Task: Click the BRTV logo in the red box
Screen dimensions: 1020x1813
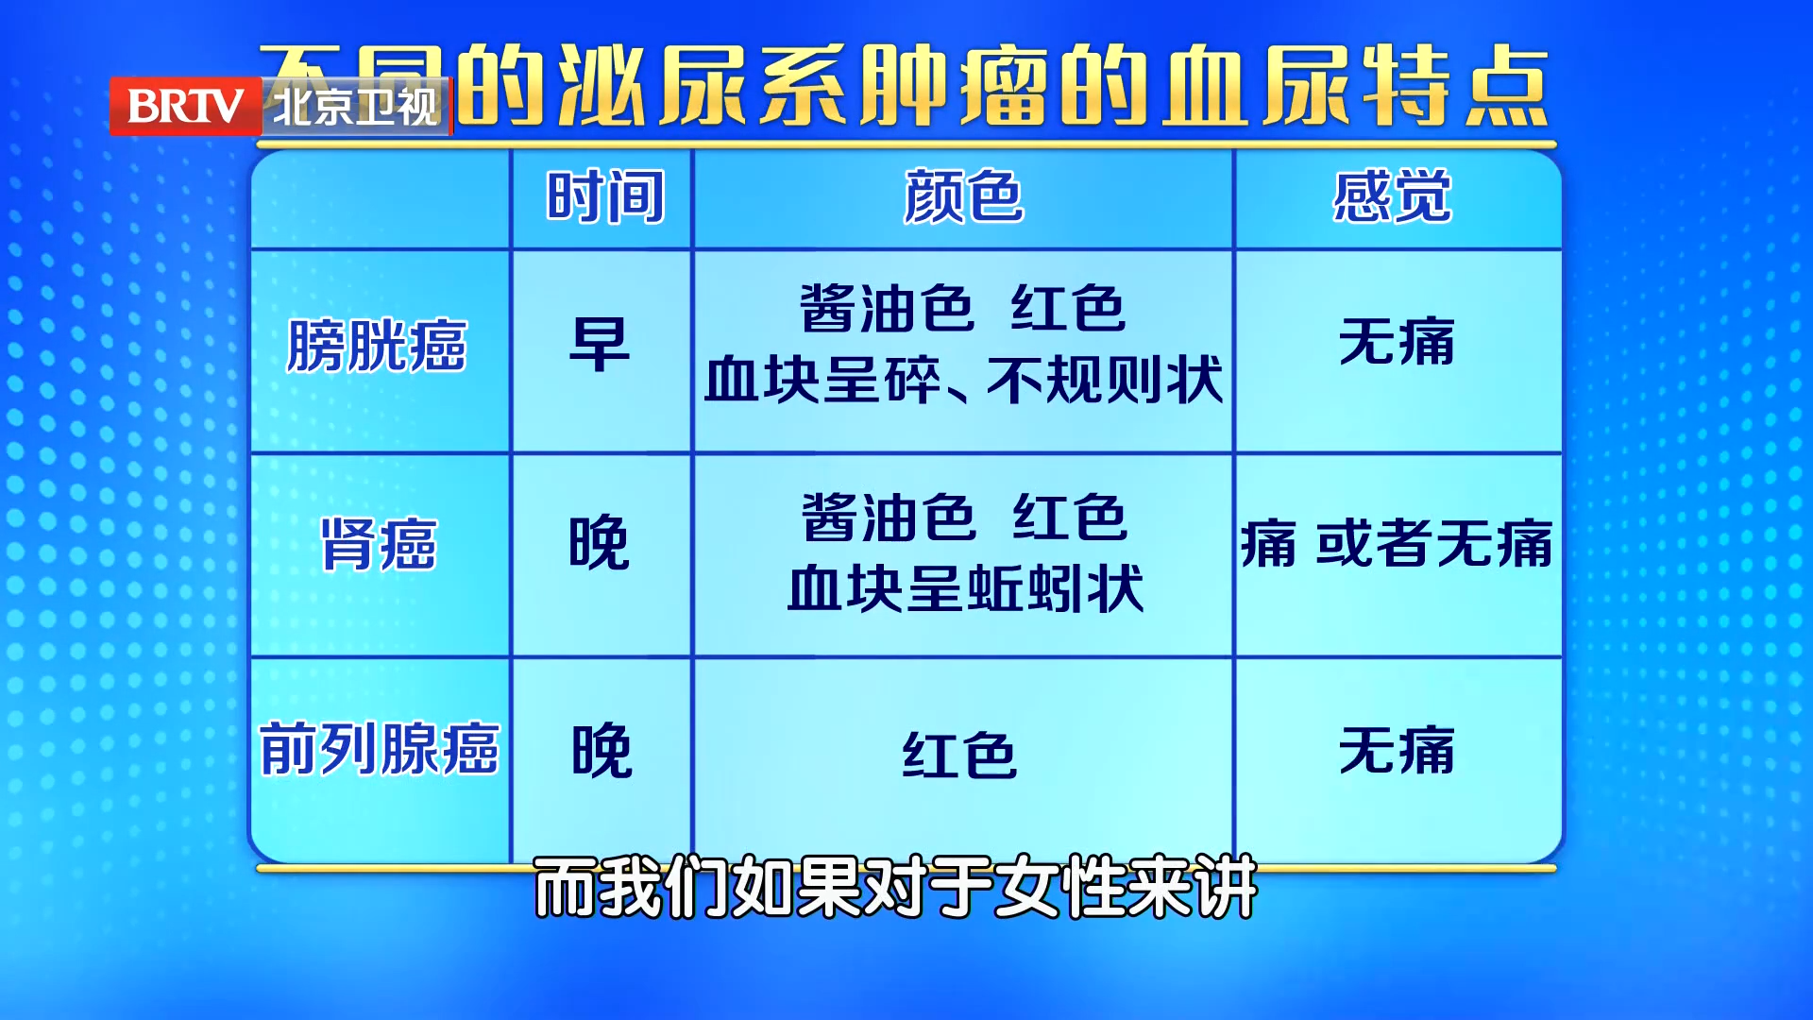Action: click(185, 106)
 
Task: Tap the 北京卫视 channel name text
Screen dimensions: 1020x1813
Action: click(356, 106)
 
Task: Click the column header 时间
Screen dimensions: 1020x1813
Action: click(604, 196)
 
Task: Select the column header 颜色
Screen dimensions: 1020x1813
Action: click(963, 196)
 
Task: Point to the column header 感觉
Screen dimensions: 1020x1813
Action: click(1393, 196)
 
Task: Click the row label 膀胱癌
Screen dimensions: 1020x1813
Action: click(377, 346)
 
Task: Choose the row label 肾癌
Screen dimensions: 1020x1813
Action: click(379, 544)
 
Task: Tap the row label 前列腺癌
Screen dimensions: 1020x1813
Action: click(379, 749)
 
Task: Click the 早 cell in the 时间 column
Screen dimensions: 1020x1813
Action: click(600, 345)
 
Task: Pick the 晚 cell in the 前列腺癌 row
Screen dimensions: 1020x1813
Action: click(602, 751)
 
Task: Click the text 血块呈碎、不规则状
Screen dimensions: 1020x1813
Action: click(963, 381)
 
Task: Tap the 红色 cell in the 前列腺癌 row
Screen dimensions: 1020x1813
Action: click(959, 756)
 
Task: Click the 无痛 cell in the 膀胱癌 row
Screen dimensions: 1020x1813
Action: click(1397, 342)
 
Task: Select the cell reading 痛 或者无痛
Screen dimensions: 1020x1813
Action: click(1397, 544)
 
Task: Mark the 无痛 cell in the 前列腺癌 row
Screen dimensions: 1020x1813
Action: click(1397, 751)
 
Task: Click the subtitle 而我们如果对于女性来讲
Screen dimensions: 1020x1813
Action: click(895, 887)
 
